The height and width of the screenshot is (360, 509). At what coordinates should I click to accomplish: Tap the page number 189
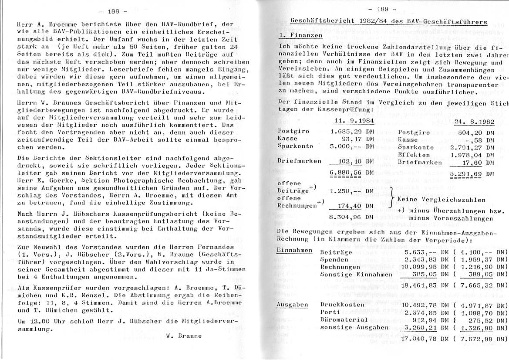tap(382, 9)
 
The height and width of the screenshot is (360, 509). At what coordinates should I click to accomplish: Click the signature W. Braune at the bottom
tap(184, 336)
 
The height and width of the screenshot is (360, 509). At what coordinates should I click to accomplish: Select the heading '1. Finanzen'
tap(300, 35)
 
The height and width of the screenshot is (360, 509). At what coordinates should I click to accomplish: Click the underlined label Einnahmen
tap(295, 251)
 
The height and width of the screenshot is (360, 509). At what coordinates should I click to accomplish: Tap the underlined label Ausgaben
tap(292, 304)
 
